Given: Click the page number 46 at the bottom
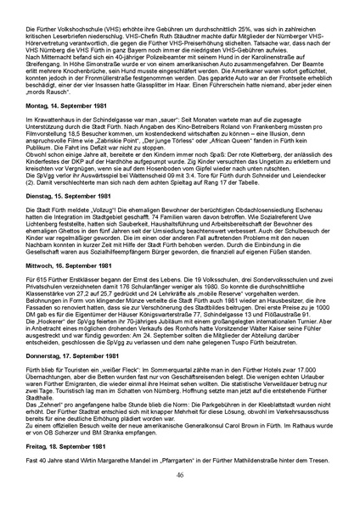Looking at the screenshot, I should pos(180,498).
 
